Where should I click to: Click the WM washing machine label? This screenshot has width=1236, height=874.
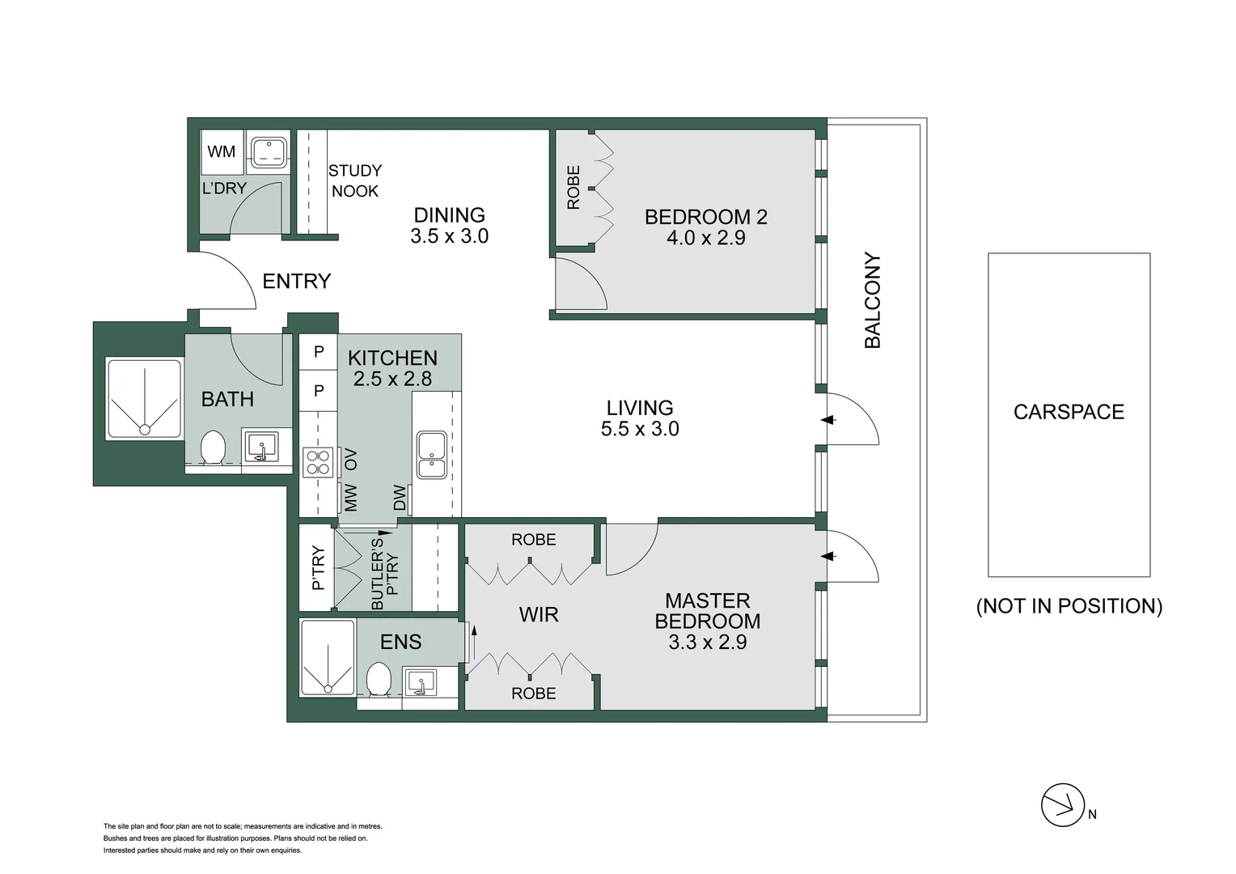(x=221, y=151)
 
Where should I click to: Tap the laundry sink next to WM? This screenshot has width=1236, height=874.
(x=268, y=151)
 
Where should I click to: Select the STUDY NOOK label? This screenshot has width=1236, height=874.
(x=354, y=180)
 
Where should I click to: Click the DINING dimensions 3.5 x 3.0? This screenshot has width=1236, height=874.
(x=449, y=236)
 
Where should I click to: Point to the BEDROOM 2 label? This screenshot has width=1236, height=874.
(x=705, y=217)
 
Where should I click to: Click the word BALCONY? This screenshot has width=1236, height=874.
(x=873, y=300)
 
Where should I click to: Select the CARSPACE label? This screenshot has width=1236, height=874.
(x=1068, y=412)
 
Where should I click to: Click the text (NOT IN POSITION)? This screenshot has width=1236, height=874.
(x=1069, y=606)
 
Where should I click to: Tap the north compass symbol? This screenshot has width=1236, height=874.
(x=1062, y=804)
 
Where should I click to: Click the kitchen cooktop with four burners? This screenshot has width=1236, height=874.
(x=318, y=462)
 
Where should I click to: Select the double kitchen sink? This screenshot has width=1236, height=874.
(x=431, y=454)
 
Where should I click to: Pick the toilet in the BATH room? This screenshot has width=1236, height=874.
(x=213, y=448)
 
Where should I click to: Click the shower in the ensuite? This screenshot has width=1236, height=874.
(x=328, y=657)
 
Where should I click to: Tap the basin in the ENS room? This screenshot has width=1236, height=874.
(x=420, y=681)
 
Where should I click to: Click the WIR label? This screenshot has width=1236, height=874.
(x=539, y=615)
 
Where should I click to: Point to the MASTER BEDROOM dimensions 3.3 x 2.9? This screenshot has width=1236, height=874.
(x=707, y=643)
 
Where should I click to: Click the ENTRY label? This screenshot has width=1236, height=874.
(x=297, y=281)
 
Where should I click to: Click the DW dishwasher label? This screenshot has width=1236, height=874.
(x=400, y=498)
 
